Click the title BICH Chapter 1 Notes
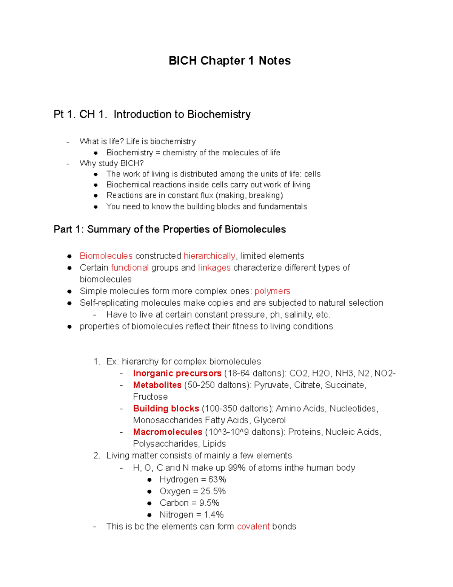coord(230,60)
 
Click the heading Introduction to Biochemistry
coord(182,114)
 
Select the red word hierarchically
coord(210,256)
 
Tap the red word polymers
coord(272,291)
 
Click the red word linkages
coord(214,268)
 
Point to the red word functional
coord(129,268)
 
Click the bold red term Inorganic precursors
coord(177,373)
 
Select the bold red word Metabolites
coord(157,385)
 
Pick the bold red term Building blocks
coord(166,409)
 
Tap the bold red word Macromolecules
coord(168,432)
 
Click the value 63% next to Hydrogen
coord(217,480)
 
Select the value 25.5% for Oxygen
coord(213,491)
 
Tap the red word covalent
coord(253,527)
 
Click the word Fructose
coord(150,397)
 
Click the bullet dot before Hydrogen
coord(149,480)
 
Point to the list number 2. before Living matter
coord(97,455)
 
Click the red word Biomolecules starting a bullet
coord(106,256)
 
